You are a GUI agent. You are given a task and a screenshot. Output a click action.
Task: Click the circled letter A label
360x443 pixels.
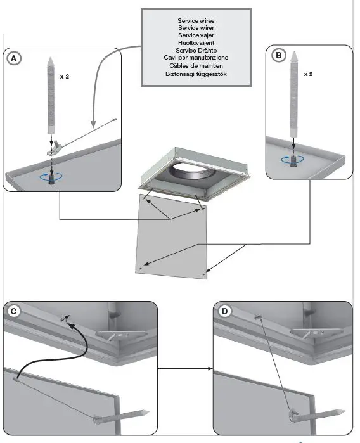(13, 59)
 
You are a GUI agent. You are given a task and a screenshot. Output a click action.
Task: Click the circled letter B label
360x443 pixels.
(279, 55)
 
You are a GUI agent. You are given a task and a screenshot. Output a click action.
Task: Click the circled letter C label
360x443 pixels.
(13, 311)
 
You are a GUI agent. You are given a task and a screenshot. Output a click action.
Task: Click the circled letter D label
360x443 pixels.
(224, 311)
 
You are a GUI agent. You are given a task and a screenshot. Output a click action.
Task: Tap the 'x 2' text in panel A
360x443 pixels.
(65, 77)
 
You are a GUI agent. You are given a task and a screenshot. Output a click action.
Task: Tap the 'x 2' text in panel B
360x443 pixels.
(308, 74)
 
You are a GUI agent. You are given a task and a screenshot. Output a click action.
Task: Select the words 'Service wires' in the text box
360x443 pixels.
(196, 21)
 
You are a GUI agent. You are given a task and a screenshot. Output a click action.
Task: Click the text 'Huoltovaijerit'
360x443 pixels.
(196, 43)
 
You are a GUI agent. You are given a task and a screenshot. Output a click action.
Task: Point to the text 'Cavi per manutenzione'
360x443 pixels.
(196, 58)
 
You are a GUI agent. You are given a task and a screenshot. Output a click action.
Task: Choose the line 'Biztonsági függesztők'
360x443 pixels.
(196, 74)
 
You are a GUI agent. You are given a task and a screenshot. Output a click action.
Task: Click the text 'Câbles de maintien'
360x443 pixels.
(196, 65)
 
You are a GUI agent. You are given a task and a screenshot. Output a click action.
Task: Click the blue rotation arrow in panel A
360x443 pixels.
(51, 177)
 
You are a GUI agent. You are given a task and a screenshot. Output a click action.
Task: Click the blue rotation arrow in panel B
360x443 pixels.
(293, 160)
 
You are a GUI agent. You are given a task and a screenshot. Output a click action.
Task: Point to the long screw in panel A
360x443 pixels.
(51, 96)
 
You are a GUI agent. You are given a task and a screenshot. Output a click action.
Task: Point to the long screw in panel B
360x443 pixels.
(294, 94)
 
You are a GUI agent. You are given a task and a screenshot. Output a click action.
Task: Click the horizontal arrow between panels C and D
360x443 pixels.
(185, 368)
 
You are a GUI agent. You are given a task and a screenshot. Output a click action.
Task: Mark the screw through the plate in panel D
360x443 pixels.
(317, 416)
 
